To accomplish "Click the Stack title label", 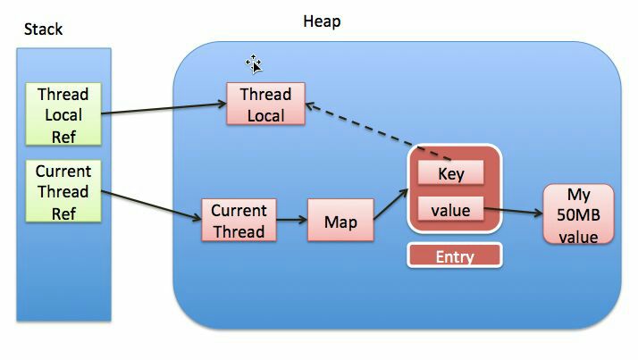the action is (x=43, y=29).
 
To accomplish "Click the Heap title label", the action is (x=322, y=21).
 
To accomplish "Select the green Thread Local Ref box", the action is (x=63, y=114).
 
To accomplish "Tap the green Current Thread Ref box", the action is (x=63, y=191).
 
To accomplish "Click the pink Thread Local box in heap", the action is (x=265, y=104).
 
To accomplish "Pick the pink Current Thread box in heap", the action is (x=239, y=220).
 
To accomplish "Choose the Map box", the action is (x=340, y=220).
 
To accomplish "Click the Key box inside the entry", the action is (x=451, y=172).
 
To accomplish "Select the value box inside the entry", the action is (x=451, y=209).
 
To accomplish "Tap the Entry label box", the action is (x=455, y=255).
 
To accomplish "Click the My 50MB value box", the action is (x=578, y=214).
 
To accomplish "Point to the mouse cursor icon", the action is (x=254, y=64).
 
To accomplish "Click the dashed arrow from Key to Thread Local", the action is (x=378, y=132).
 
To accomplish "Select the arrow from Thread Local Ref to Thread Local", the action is (x=164, y=109).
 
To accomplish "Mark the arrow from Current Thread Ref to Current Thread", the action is (x=151, y=205).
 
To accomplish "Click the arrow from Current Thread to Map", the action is (x=292, y=220).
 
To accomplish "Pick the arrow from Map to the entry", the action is (x=391, y=205).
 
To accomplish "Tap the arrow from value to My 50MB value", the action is (x=514, y=211).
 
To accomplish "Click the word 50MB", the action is (x=578, y=214).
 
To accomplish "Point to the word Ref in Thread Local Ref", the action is (x=63, y=137).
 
